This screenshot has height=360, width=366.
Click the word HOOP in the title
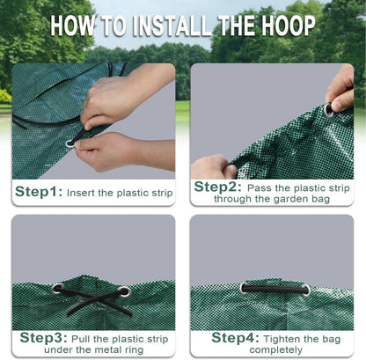pyautogui.click(x=289, y=26)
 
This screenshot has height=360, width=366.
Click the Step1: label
pyautogui.click(x=39, y=192)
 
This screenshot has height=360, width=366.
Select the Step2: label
pyautogui.click(x=217, y=187)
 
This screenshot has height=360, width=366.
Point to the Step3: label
pyautogui.click(x=44, y=338)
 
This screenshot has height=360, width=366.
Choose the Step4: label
pyautogui.click(x=236, y=338)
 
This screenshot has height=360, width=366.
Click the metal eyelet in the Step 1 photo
pyautogui.click(x=70, y=143)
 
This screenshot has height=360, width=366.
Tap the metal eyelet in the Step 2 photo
pyautogui.click(x=329, y=110)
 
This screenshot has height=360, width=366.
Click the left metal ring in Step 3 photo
pyautogui.click(x=58, y=289)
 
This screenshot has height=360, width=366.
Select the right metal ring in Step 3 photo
pyautogui.click(x=125, y=291)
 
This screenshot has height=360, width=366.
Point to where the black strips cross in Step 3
pyautogui.click(x=93, y=299)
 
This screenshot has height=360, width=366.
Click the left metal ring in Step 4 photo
pyautogui.click(x=244, y=288)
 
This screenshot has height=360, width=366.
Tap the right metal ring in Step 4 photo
pyautogui.click(x=306, y=290)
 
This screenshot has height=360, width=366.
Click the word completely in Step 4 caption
pyautogui.click(x=276, y=350)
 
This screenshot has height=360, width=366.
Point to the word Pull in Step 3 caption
pyautogui.click(x=81, y=339)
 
